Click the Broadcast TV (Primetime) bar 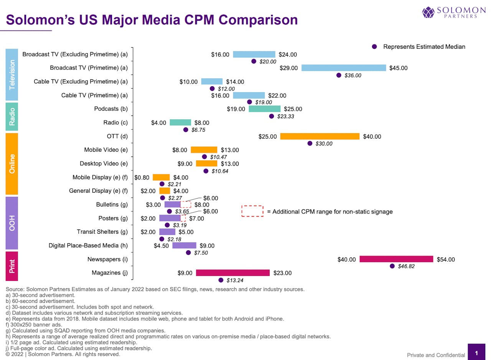[344, 68]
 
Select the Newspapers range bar [396, 259]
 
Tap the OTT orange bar [320, 137]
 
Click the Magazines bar [233, 273]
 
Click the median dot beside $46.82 [392, 266]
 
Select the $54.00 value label [446, 259]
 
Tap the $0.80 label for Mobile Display [142, 178]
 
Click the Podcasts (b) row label [111, 109]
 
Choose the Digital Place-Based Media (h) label [88, 246]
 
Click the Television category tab [12, 74]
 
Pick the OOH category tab [12, 223]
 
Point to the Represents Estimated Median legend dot [375, 47]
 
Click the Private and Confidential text [436, 355]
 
